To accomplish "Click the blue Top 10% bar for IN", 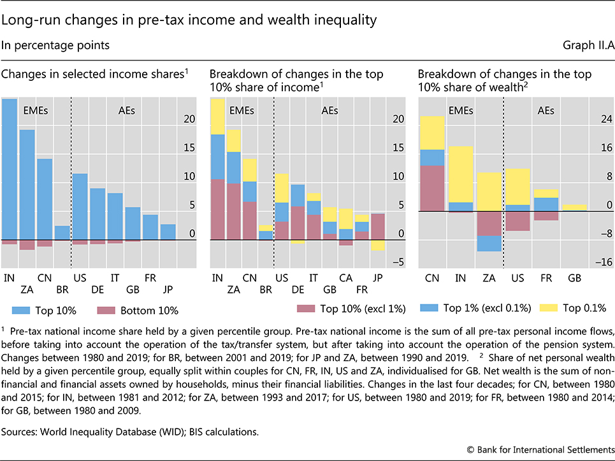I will click(x=10, y=169).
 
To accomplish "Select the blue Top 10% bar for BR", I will click(x=62, y=233).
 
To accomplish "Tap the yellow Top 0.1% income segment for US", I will click(x=282, y=188).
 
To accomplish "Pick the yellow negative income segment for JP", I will click(x=378, y=245).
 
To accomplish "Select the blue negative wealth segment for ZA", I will click(x=489, y=243).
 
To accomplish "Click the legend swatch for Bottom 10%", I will click(x=106, y=311).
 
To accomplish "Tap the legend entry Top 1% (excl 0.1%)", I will click(x=475, y=308).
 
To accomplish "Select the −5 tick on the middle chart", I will click(x=398, y=262).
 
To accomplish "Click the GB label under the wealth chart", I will click(x=574, y=278).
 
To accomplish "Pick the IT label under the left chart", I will click(x=115, y=278).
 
